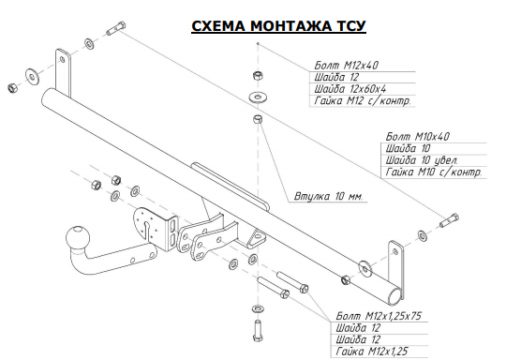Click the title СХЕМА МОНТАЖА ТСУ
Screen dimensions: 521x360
point(278,26)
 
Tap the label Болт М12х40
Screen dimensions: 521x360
point(346,65)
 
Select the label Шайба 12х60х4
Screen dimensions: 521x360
point(350,89)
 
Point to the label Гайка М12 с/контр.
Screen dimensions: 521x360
point(363,100)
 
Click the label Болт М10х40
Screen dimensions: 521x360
point(417,136)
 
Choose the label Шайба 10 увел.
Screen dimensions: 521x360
point(422,160)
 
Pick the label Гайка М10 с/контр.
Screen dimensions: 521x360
point(434,172)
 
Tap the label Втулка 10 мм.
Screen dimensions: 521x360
point(328,196)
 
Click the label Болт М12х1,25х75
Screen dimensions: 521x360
point(379,316)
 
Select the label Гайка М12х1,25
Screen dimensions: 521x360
point(371,351)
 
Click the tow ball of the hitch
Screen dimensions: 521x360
point(78,237)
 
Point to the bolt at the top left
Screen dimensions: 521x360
point(115,28)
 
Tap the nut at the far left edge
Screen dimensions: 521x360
point(12,88)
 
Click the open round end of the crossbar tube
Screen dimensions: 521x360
point(395,297)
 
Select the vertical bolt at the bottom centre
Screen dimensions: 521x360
point(258,330)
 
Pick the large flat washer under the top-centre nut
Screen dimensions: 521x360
point(259,97)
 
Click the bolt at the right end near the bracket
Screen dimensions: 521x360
point(449,220)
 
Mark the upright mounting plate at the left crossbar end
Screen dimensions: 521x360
point(63,73)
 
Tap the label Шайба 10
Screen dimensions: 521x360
point(408,148)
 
